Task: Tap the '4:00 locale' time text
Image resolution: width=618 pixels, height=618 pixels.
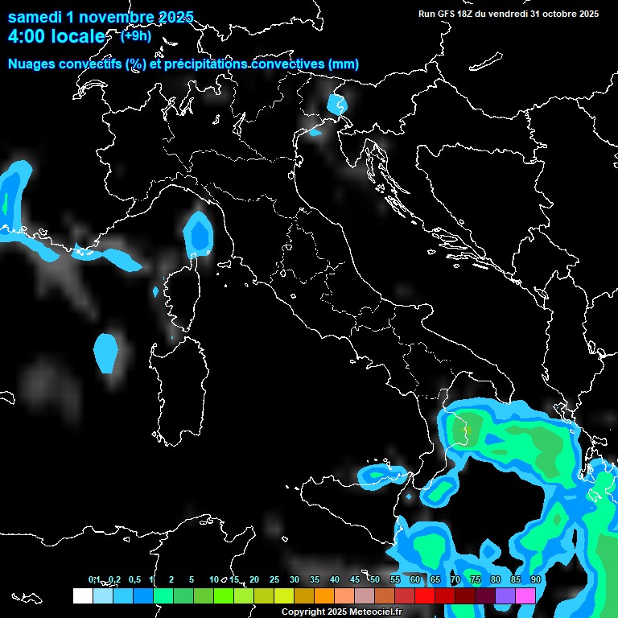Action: [56, 36]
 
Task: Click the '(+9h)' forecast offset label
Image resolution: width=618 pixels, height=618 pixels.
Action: [135, 35]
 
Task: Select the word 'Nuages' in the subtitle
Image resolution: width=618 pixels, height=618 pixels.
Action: [32, 64]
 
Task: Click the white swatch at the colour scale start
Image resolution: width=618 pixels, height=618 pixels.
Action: [82, 596]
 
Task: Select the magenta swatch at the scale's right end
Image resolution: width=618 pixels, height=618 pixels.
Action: [525, 596]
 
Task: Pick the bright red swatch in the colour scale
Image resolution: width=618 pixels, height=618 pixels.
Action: [425, 596]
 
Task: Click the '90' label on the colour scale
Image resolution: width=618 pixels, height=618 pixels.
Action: [535, 579]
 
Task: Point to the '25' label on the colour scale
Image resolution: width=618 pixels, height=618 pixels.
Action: [274, 579]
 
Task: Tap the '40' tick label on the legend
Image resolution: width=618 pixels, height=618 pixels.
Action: [335, 579]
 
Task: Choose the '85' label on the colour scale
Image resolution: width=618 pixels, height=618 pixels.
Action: [515, 579]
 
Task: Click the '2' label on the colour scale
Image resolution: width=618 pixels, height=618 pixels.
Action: [171, 579]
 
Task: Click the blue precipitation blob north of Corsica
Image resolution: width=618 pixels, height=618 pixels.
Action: [197, 234]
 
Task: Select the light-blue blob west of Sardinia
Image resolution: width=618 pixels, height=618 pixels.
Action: [105, 352]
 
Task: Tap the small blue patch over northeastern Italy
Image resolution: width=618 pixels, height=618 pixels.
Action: [336, 104]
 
